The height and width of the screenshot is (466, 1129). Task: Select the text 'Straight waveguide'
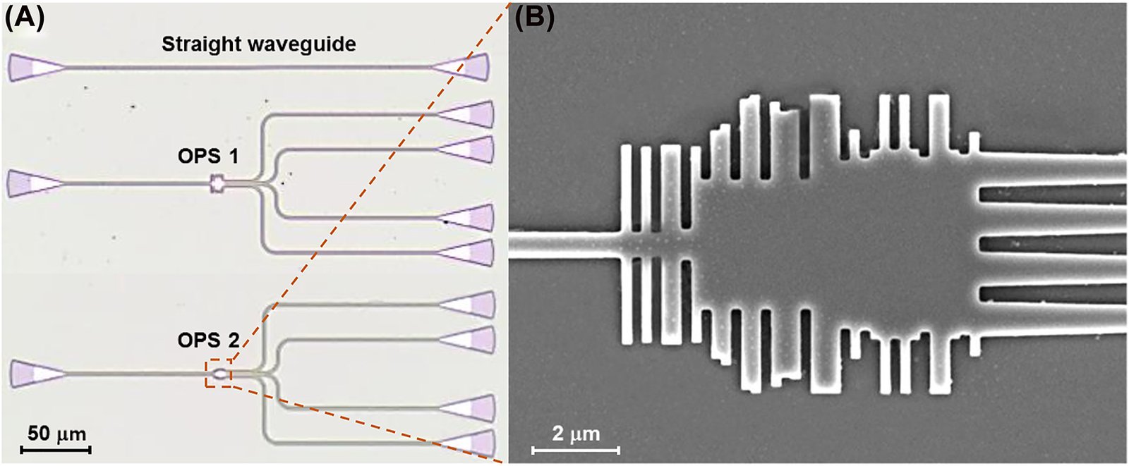click(258, 44)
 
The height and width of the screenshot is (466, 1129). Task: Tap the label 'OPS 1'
click(207, 156)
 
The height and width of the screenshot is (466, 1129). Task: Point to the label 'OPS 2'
click(208, 341)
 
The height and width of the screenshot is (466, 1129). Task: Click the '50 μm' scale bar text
click(56, 432)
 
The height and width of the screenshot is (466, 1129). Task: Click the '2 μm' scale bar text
click(576, 433)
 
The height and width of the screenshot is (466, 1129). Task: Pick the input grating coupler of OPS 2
click(35, 373)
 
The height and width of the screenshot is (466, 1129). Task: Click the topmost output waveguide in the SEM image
click(1051, 170)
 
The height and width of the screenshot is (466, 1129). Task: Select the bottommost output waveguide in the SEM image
click(1051, 319)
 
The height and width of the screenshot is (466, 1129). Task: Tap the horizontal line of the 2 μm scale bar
click(576, 449)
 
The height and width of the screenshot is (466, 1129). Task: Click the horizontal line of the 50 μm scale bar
click(56, 448)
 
